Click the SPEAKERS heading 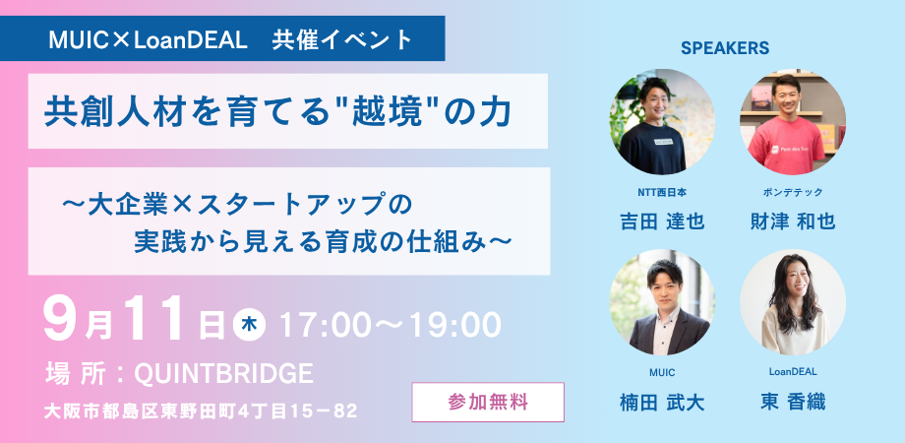724,47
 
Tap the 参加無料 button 488,402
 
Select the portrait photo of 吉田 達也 662,121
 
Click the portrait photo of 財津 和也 792,121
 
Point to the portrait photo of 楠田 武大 662,302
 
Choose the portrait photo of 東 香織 792,302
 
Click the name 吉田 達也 662,221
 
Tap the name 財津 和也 792,221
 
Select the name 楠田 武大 662,402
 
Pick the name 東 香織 792,402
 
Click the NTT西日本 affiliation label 662,192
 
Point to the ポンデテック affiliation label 792,192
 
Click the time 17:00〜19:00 391,322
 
